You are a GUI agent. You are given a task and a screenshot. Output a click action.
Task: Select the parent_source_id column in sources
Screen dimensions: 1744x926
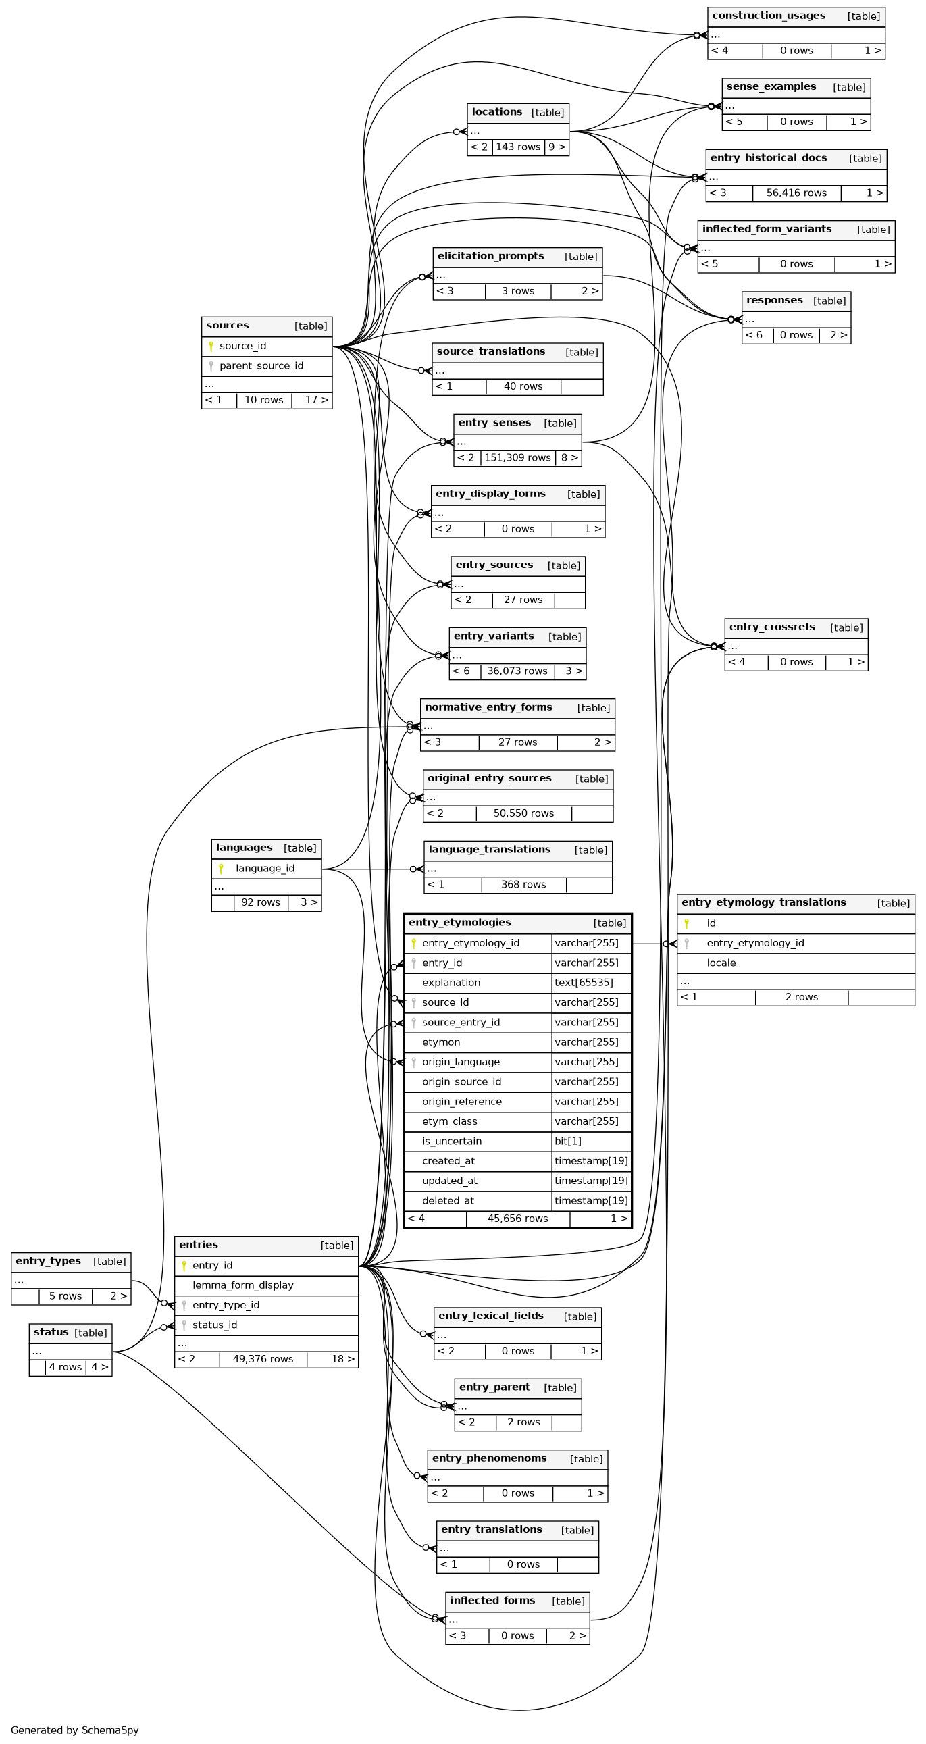point(261,366)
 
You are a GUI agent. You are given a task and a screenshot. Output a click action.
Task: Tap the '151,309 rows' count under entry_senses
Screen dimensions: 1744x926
point(517,458)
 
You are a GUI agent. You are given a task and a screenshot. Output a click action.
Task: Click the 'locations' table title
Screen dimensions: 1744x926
point(497,112)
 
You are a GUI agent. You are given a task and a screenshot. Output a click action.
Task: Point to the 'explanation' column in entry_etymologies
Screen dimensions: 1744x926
point(451,983)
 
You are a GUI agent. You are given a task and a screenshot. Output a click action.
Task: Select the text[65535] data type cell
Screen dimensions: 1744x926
point(584,983)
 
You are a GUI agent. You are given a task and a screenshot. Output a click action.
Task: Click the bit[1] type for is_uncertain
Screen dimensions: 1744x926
point(567,1142)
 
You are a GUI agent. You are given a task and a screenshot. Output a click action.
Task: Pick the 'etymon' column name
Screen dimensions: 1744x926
point(440,1043)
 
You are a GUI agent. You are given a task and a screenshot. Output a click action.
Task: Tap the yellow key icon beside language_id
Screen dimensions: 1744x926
point(221,869)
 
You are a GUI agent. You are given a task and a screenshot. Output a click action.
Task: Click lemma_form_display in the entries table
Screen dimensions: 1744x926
point(242,1285)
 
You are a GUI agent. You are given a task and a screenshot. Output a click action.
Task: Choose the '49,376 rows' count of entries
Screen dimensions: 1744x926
point(263,1360)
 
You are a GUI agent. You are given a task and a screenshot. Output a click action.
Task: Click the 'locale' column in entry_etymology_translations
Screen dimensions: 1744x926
point(721,963)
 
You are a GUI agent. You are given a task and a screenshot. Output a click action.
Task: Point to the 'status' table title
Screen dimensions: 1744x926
point(51,1333)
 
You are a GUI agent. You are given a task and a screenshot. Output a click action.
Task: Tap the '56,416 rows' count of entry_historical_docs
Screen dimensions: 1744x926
point(796,193)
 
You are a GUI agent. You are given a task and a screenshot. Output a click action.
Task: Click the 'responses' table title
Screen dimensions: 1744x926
point(775,301)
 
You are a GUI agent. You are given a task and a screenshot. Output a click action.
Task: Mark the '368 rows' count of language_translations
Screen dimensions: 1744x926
point(523,885)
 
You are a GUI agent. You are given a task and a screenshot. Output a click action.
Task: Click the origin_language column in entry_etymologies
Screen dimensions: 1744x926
point(460,1062)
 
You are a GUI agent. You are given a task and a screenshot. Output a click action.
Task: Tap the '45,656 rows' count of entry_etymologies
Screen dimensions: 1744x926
point(517,1219)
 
